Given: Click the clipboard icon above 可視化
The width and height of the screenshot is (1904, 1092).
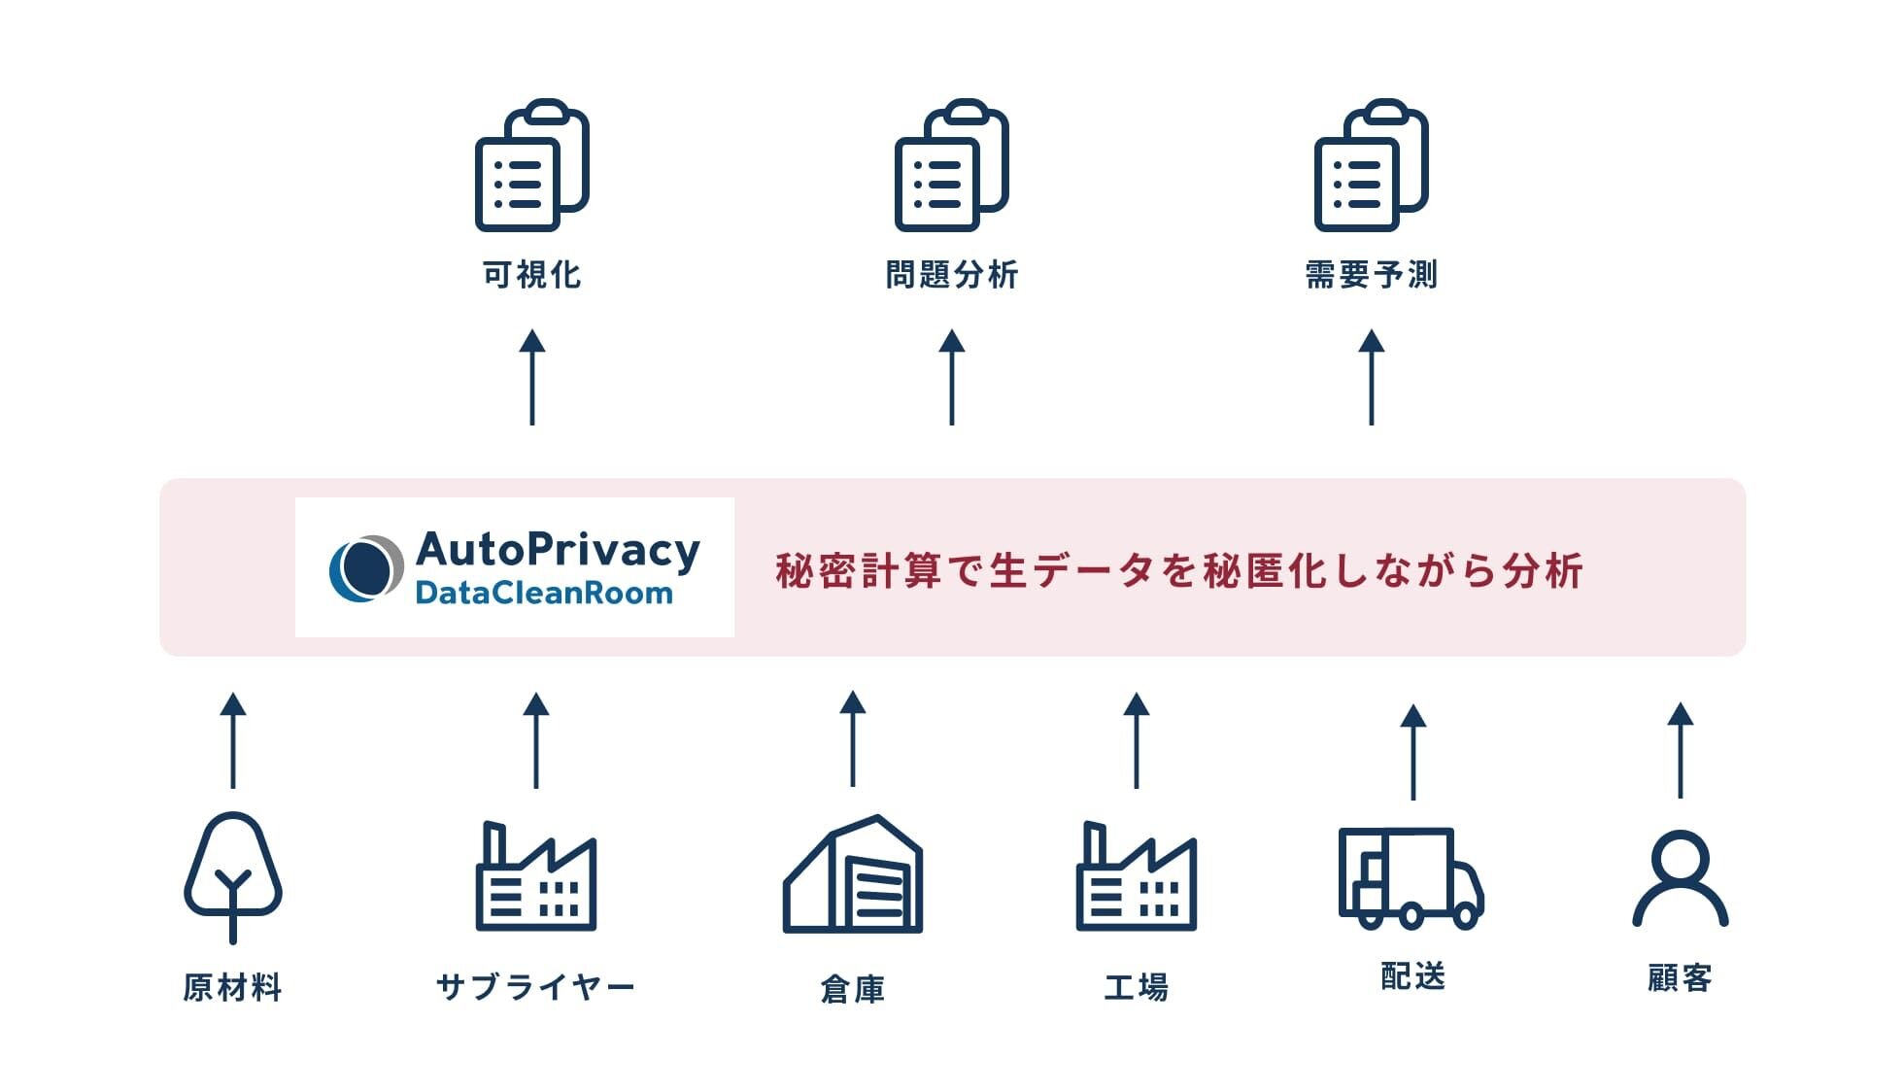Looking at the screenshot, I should click(x=531, y=165).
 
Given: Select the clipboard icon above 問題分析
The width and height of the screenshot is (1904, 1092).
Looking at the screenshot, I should click(x=951, y=165).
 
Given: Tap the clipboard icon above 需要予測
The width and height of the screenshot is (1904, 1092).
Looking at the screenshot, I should click(x=1371, y=165).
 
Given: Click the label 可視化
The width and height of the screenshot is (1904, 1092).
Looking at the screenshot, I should click(x=532, y=275).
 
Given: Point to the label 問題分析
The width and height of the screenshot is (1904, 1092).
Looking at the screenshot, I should click(x=952, y=275).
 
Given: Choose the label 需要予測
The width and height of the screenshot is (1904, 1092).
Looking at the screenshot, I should click(x=1371, y=275).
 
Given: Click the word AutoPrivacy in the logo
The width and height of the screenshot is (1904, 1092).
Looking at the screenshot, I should click(x=558, y=550).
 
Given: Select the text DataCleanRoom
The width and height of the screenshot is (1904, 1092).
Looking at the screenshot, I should click(x=544, y=593).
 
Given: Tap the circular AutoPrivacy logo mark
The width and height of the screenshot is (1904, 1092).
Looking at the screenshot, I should click(x=365, y=568).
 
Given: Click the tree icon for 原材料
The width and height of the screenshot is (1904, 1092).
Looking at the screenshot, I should click(x=233, y=874).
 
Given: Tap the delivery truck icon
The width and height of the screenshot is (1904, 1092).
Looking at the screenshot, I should click(x=1411, y=877).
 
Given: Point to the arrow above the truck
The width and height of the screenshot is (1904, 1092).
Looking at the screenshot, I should click(x=1413, y=751).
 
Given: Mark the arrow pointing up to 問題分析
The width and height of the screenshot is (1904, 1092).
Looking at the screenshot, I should click(x=952, y=377).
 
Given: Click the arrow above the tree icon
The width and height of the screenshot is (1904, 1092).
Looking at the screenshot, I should click(x=233, y=739).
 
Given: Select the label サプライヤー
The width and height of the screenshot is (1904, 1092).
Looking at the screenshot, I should click(x=535, y=987).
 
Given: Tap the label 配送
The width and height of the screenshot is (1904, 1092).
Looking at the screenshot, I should click(x=1413, y=976).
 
